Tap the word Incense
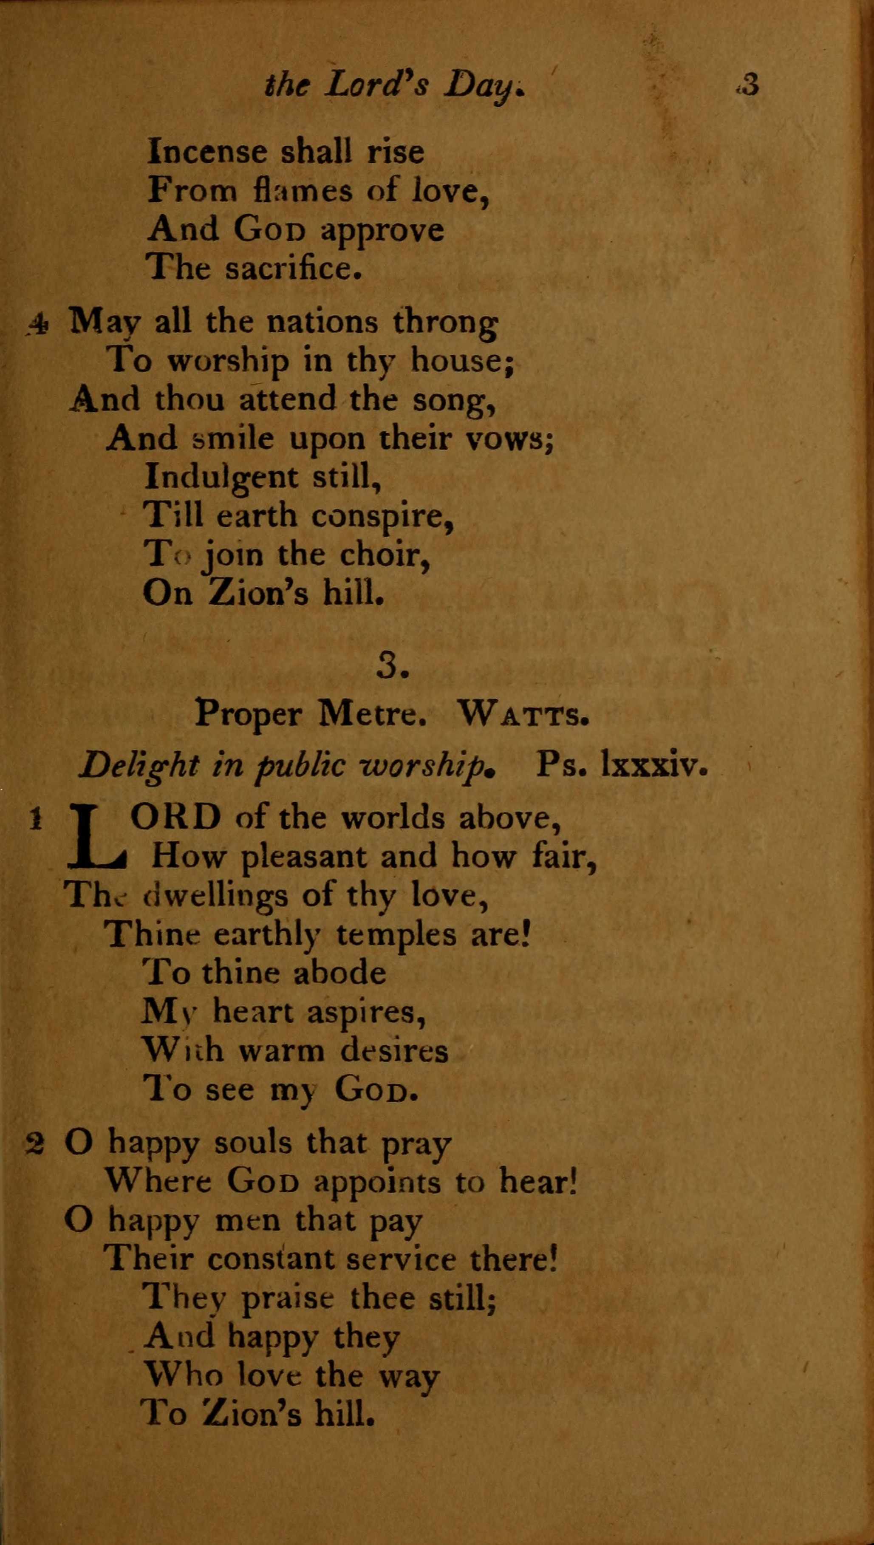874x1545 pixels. click(x=207, y=151)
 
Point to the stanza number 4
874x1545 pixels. click(x=38, y=324)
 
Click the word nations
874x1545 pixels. click(x=322, y=323)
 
